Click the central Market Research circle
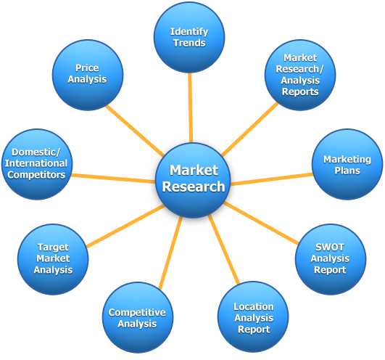[193, 179]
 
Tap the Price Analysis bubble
[87, 73]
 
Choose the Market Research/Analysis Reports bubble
[300, 75]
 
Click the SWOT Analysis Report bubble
[330, 258]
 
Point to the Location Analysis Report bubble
[253, 318]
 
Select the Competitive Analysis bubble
[137, 318]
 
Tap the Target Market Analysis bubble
[53, 258]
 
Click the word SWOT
[330, 247]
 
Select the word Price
[87, 67]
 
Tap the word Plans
[347, 171]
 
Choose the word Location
[253, 307]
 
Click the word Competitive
[137, 313]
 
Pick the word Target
[53, 247]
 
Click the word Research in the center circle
[193, 187]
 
